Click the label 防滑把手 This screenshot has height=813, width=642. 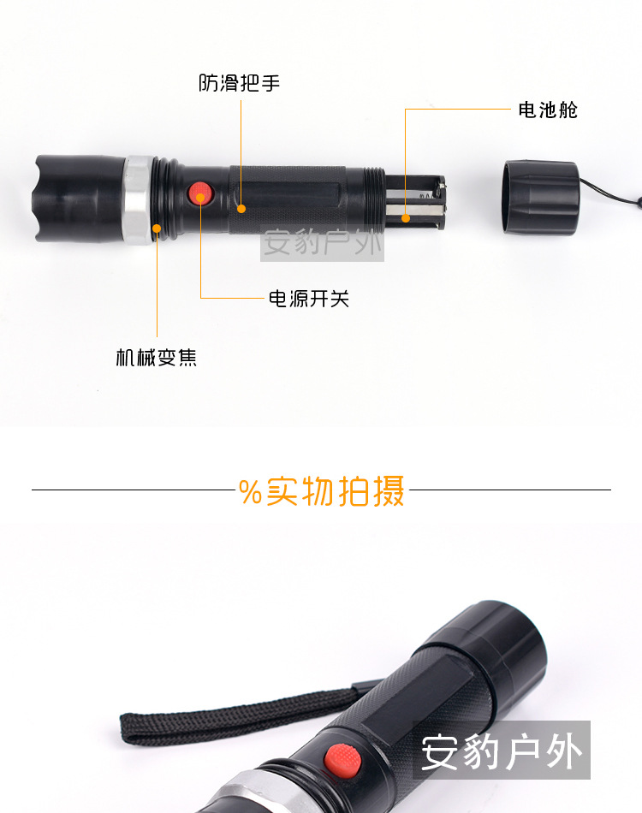[239, 83]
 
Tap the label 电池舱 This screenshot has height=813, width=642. [548, 110]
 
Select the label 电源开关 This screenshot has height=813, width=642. [308, 299]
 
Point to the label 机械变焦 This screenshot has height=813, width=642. [156, 358]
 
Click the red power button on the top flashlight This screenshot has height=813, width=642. [200, 193]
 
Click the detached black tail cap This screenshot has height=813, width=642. [540, 197]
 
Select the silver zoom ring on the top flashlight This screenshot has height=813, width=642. [138, 199]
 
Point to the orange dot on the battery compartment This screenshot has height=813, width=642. [406, 218]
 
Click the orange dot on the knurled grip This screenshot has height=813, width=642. [241, 209]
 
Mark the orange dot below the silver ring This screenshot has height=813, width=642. [157, 228]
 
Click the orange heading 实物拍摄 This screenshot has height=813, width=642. [335, 490]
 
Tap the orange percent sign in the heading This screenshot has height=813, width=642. [250, 491]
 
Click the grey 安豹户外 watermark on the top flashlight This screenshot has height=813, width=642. [322, 243]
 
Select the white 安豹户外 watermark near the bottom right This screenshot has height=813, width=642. [502, 751]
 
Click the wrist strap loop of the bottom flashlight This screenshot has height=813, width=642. [234, 718]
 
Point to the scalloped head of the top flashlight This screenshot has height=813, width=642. [78, 199]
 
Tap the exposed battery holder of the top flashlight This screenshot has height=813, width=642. [415, 202]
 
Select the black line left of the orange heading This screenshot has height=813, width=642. [134, 490]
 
